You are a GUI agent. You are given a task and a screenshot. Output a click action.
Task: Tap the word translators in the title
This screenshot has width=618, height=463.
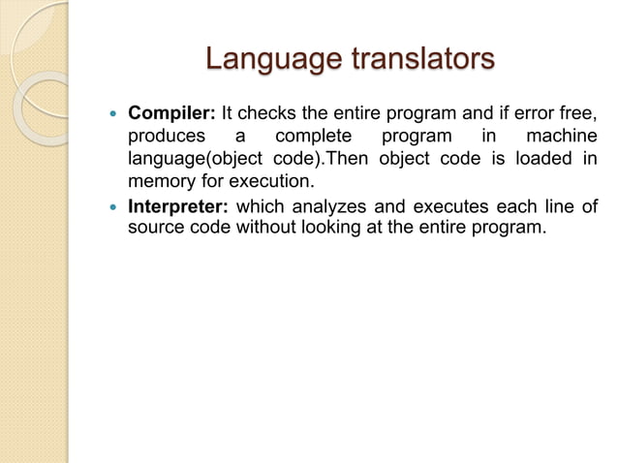point(423,61)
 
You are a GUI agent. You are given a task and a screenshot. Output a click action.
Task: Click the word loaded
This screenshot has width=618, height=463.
point(547,158)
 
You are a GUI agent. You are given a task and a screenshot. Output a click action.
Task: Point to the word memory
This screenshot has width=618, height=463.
point(161,181)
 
